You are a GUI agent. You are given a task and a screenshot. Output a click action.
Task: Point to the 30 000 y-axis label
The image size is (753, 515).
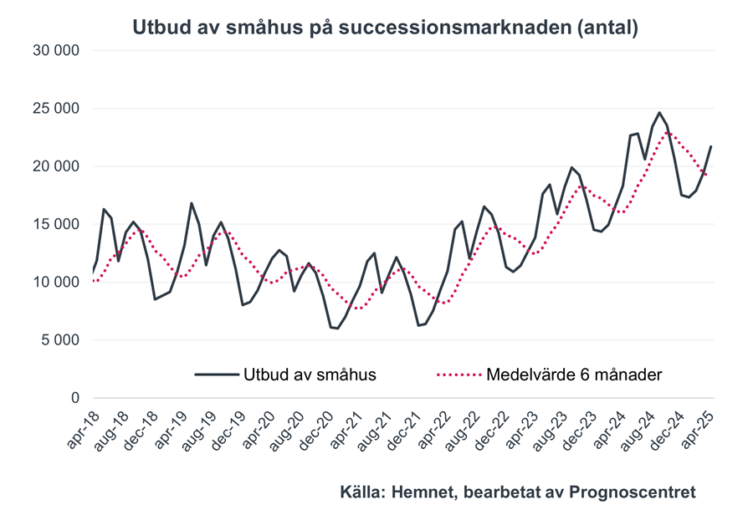click(x=56, y=51)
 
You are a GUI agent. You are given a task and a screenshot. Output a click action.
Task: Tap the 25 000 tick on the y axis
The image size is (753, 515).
click(x=56, y=109)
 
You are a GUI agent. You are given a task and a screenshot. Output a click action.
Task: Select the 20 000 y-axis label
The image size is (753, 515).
click(x=56, y=166)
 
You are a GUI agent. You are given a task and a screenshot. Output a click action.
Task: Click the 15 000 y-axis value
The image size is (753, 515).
click(x=56, y=224)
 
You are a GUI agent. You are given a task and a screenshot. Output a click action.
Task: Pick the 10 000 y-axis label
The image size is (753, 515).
click(x=56, y=282)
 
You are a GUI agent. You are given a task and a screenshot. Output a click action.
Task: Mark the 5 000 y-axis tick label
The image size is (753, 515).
click(x=60, y=340)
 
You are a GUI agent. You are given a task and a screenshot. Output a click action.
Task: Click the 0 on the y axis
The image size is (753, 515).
click(x=74, y=398)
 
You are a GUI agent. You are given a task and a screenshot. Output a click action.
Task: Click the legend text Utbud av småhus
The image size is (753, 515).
click(x=310, y=375)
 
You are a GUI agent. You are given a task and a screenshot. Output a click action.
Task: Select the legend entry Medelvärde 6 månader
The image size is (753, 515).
click(x=574, y=375)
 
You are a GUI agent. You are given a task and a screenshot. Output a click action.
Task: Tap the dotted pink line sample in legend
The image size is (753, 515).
click(x=458, y=375)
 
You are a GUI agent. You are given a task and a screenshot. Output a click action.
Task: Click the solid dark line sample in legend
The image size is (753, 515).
click(x=216, y=375)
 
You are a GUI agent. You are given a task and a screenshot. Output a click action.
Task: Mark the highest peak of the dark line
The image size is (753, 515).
click(x=659, y=113)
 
